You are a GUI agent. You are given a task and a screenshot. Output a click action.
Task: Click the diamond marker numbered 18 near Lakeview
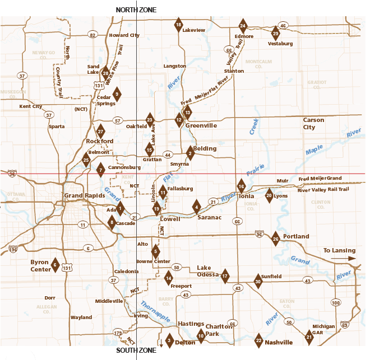178,25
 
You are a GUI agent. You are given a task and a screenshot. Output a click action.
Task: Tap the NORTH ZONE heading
136,10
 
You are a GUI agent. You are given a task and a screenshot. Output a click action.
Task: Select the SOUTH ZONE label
136,350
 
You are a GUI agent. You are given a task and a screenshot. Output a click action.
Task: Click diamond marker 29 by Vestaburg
275,34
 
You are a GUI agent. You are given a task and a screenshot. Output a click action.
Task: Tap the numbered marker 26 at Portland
275,239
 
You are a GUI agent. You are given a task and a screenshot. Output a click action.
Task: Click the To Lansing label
340,250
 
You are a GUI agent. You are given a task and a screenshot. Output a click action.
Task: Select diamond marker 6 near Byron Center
55,265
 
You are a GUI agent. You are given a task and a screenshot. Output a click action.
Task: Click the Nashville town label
279,342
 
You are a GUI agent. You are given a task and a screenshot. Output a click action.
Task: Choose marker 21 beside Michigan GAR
309,336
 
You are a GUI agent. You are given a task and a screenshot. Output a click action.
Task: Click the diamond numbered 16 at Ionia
242,186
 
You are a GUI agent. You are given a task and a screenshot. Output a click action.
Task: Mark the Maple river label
315,149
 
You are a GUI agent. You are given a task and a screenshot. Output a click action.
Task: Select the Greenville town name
201,126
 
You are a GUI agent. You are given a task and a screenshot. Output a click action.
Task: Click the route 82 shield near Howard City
92,35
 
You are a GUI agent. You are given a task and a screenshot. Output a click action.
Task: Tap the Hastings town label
190,324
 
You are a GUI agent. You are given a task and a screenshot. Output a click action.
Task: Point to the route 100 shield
336,303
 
